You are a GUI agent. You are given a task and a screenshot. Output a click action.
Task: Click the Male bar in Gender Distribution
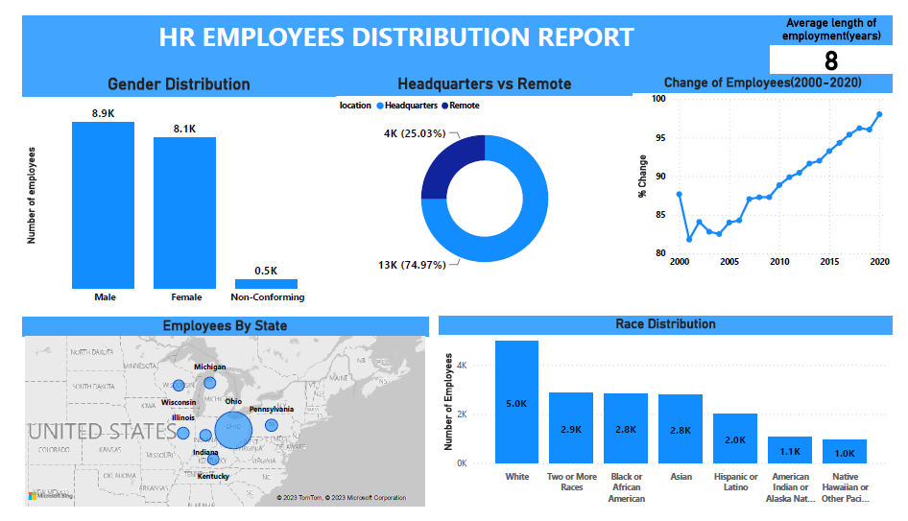tap(103, 205)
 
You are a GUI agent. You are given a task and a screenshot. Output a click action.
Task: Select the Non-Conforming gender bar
tap(266, 284)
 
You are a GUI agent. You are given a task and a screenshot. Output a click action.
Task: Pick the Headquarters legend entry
tap(410, 106)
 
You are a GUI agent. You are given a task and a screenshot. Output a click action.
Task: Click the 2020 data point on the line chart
tap(879, 114)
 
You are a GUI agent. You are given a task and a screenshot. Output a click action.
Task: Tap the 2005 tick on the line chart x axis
tap(729, 262)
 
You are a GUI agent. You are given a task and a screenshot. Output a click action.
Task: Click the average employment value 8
tap(830, 61)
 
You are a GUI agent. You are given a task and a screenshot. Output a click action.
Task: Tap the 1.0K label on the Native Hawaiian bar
tap(844, 454)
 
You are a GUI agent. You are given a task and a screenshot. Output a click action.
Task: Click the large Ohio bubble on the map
tap(232, 431)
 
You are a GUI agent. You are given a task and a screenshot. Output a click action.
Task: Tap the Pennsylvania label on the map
tap(271, 409)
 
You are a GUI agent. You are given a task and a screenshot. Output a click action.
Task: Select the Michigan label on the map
tap(210, 367)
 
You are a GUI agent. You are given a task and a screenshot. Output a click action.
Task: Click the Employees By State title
tap(225, 326)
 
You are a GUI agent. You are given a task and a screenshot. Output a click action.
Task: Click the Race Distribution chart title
tap(665, 324)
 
